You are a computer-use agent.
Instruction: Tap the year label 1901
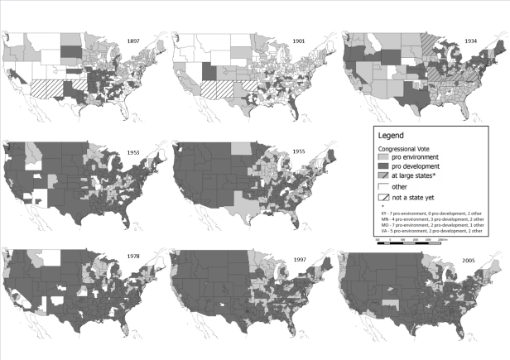[297, 40]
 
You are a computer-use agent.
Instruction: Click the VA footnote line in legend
[426, 231]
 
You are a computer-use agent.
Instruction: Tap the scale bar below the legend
[411, 241]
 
